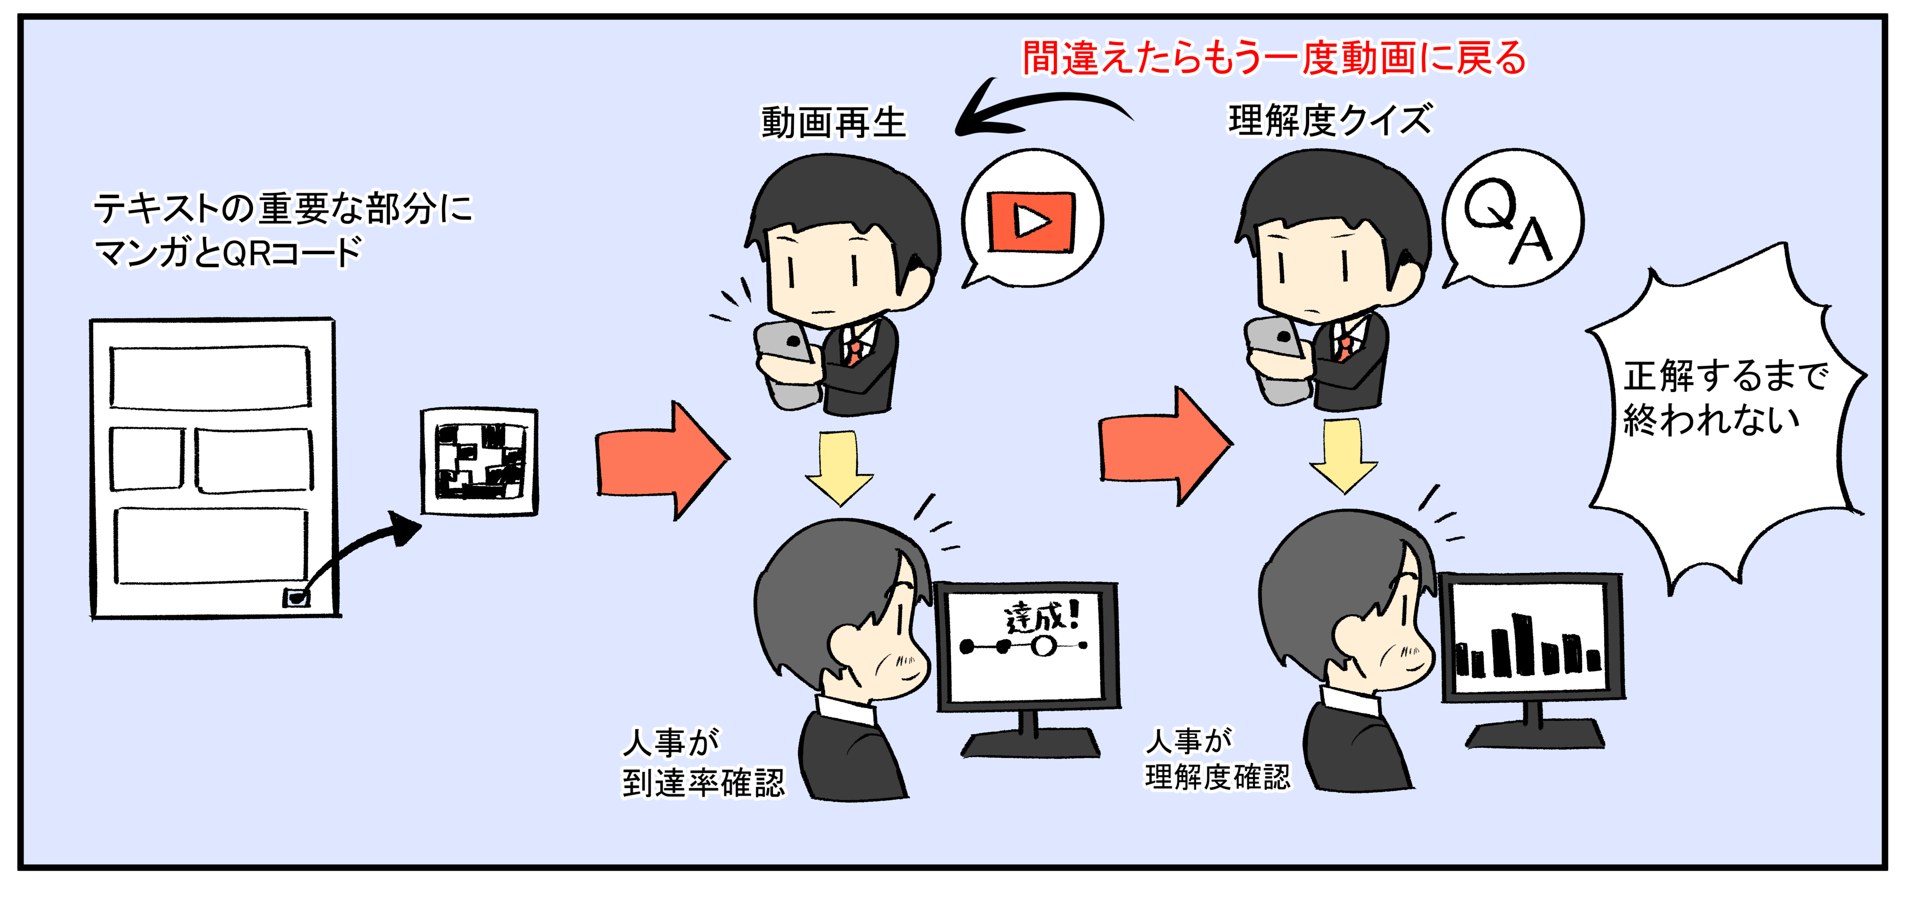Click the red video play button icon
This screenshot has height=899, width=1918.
coord(1031,222)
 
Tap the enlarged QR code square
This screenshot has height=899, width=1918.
coord(479,461)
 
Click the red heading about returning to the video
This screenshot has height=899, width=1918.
coord(1273,58)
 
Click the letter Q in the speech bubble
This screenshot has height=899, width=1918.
coord(1490,203)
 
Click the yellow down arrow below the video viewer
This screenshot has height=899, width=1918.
coord(839,468)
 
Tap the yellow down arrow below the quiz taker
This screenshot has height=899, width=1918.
coord(1344,454)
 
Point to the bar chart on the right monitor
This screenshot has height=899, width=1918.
coord(1527,648)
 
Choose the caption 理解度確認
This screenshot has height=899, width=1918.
coord(1217,777)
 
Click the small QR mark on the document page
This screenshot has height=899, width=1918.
coord(297,598)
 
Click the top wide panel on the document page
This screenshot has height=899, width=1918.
coord(210,377)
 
